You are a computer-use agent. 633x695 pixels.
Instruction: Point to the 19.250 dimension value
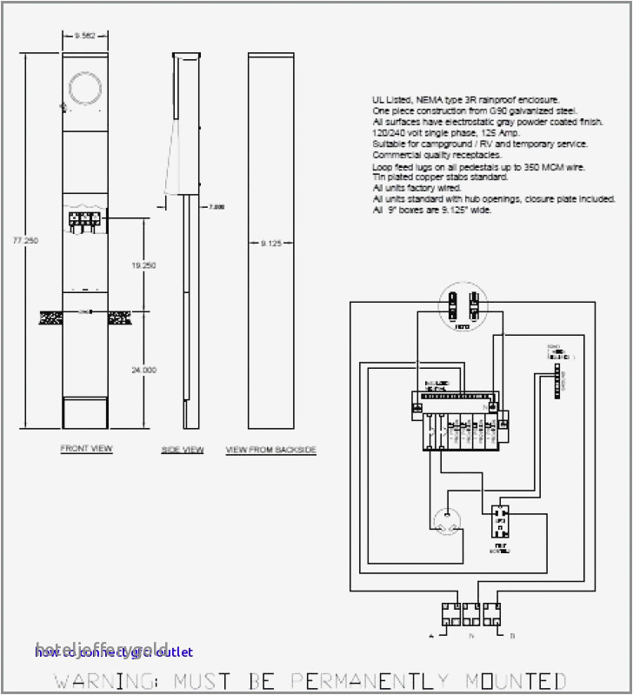(x=143, y=264)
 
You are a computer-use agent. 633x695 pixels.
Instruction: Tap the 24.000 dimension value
(x=143, y=369)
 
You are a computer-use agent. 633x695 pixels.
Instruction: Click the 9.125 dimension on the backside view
(x=271, y=244)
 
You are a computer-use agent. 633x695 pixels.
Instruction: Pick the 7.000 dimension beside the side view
(x=217, y=207)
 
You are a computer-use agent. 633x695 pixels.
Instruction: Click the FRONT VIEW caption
(x=86, y=449)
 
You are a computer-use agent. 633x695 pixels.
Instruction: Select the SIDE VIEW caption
(x=183, y=450)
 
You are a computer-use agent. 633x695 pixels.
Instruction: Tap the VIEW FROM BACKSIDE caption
(x=270, y=450)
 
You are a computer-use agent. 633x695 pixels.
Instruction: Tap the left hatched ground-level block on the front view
(x=50, y=319)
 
